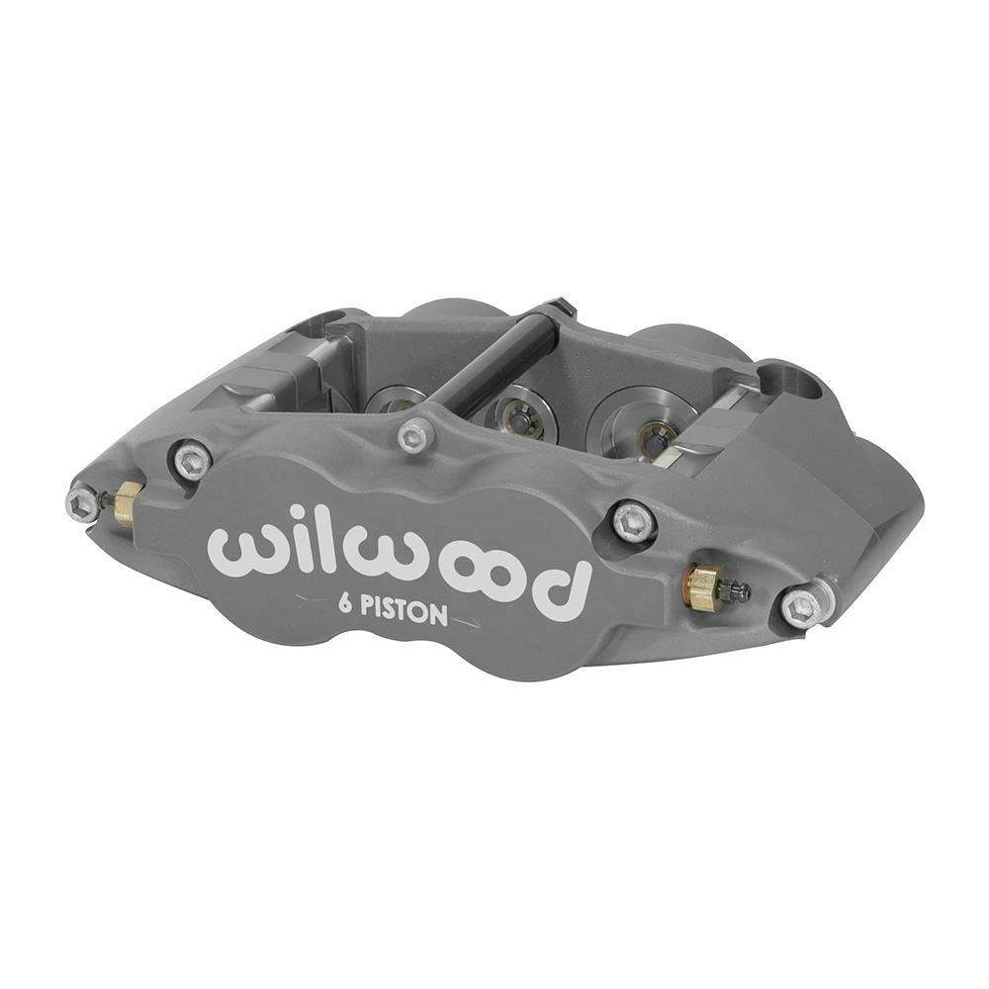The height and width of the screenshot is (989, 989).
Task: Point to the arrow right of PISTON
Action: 466,623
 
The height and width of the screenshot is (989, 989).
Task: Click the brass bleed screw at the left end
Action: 125,503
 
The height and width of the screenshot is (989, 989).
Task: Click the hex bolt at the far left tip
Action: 82,504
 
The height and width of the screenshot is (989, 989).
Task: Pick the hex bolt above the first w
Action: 191,459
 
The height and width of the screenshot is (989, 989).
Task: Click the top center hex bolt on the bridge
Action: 416,435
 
